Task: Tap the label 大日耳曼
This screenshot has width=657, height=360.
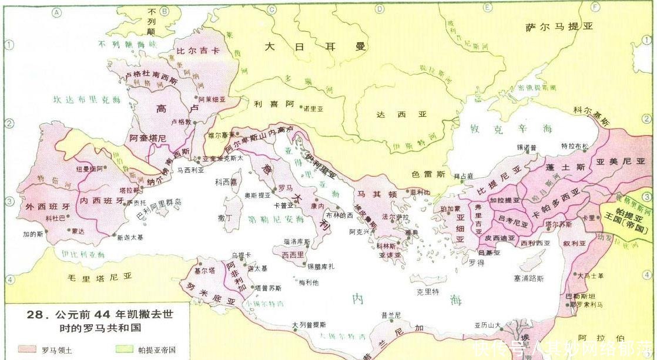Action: (x=315, y=47)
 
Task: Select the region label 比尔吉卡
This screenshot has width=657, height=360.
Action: (x=198, y=51)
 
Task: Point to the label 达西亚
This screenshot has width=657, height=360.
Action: (x=402, y=115)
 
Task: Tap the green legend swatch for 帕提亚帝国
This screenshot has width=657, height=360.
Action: (x=126, y=350)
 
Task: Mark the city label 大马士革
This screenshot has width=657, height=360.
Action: (x=590, y=275)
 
